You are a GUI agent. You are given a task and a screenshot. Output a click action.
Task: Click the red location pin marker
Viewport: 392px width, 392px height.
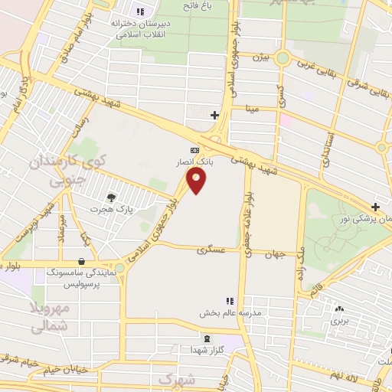point(197,181)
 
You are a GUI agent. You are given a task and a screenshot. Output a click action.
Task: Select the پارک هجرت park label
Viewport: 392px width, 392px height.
point(106,208)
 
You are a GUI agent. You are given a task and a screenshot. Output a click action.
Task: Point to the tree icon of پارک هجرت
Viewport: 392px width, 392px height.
point(112,197)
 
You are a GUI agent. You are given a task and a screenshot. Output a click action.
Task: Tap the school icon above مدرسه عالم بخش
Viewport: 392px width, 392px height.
point(228,300)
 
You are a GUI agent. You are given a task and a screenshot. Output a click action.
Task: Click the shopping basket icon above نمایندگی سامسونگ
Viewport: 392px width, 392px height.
point(82,260)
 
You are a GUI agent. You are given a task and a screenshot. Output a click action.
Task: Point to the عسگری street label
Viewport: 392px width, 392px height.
point(208,250)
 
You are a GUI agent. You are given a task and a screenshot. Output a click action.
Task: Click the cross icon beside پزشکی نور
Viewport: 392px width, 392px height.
point(375,207)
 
